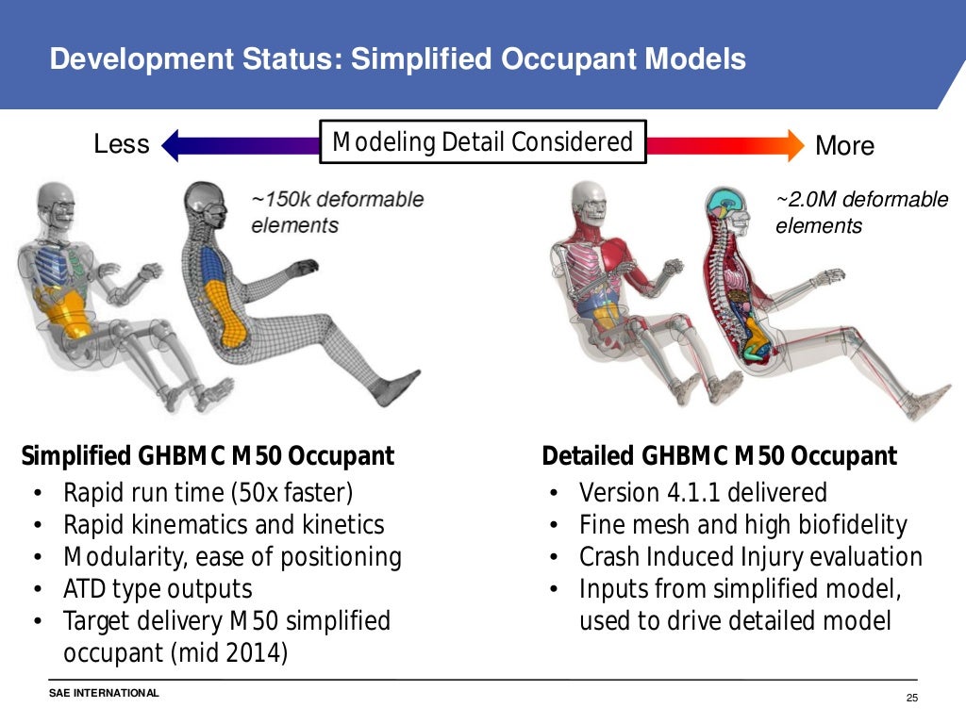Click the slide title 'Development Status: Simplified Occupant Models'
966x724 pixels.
pos(397,59)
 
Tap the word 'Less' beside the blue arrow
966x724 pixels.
pos(122,144)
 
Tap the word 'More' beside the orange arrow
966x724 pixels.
pos(844,146)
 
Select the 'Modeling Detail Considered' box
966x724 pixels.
pos(482,142)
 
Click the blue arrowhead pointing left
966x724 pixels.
pos(173,145)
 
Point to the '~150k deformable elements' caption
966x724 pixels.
pos(337,212)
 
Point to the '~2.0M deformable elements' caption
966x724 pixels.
pos(861,213)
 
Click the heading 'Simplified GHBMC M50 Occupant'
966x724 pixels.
pos(208,457)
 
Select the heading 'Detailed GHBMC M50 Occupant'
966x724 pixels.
pos(719,457)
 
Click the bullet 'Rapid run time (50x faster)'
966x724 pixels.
pos(208,493)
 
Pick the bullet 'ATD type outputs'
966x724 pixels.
pos(158,590)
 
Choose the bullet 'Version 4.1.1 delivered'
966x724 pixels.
pos(703,493)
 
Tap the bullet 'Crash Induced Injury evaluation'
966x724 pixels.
pos(750,557)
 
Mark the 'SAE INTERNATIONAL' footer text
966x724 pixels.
pos(105,694)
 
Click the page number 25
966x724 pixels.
pos(910,698)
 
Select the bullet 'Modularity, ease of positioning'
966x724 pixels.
pos(232,557)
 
